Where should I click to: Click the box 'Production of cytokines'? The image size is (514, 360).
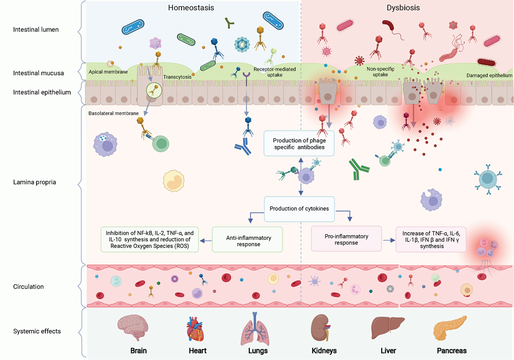click(299, 209)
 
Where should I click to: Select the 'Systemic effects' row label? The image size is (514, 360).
click(37, 331)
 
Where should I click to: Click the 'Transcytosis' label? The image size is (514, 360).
click(177, 76)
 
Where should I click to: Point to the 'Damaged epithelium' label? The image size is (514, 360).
click(489, 76)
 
